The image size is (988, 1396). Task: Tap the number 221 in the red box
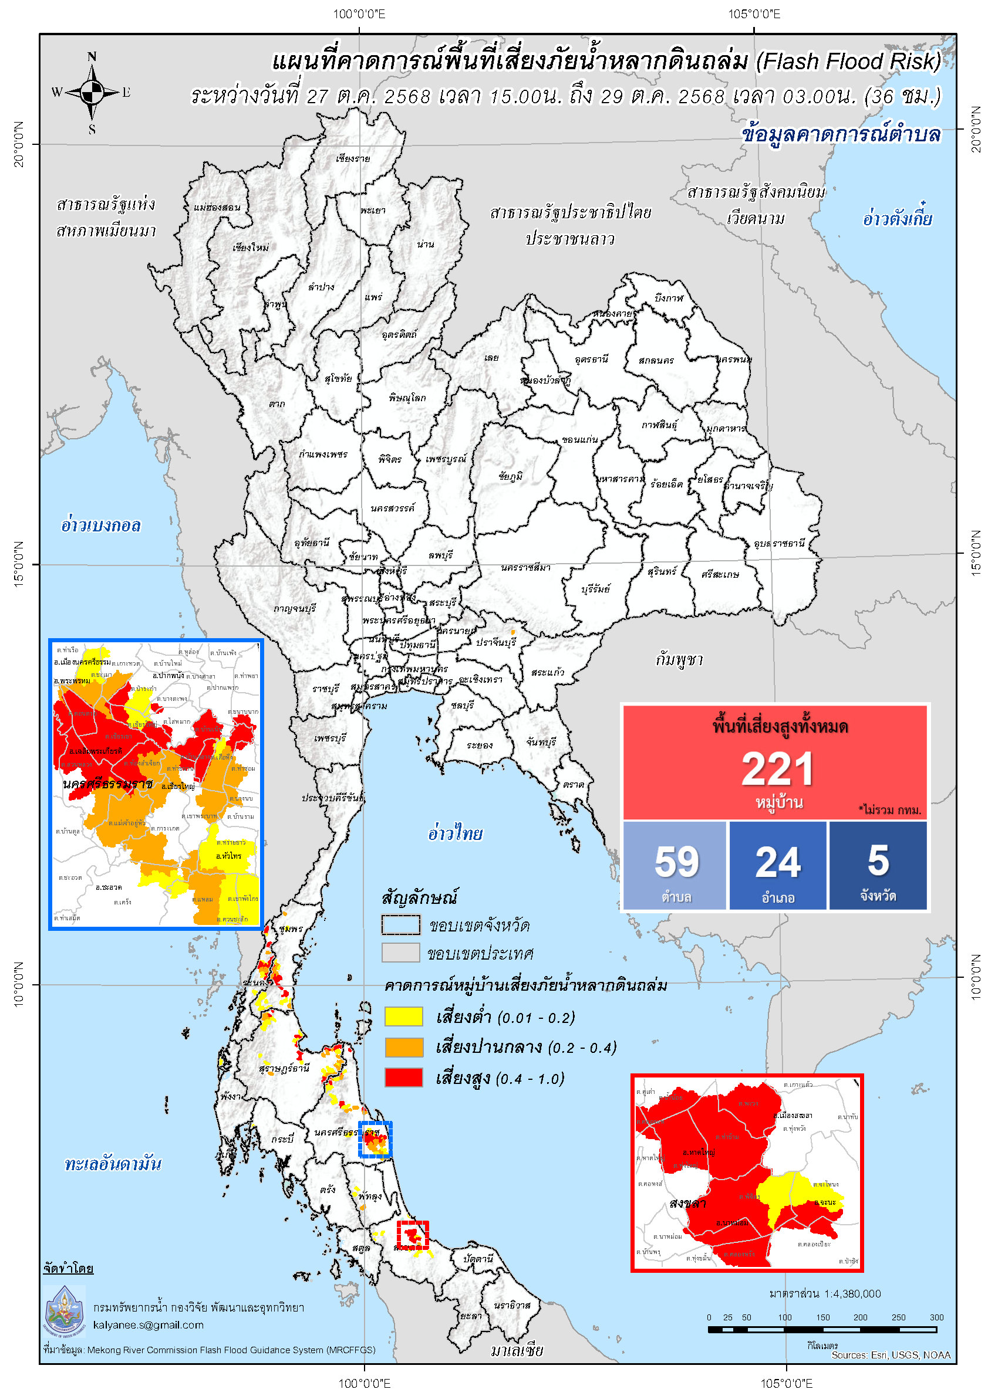click(777, 770)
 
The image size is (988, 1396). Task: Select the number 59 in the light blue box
click(676, 862)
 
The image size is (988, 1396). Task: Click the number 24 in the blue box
click(778, 863)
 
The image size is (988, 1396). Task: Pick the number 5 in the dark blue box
click(878, 861)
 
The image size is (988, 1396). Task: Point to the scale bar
click(822, 1329)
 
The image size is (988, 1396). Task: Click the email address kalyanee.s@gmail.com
click(148, 1324)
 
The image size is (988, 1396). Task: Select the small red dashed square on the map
click(413, 1235)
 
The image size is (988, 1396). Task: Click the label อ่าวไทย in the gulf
click(454, 833)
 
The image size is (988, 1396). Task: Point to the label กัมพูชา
click(679, 660)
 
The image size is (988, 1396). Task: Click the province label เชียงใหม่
click(250, 248)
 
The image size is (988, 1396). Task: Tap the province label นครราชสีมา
click(525, 567)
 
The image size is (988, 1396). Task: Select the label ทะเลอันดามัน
click(113, 1164)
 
